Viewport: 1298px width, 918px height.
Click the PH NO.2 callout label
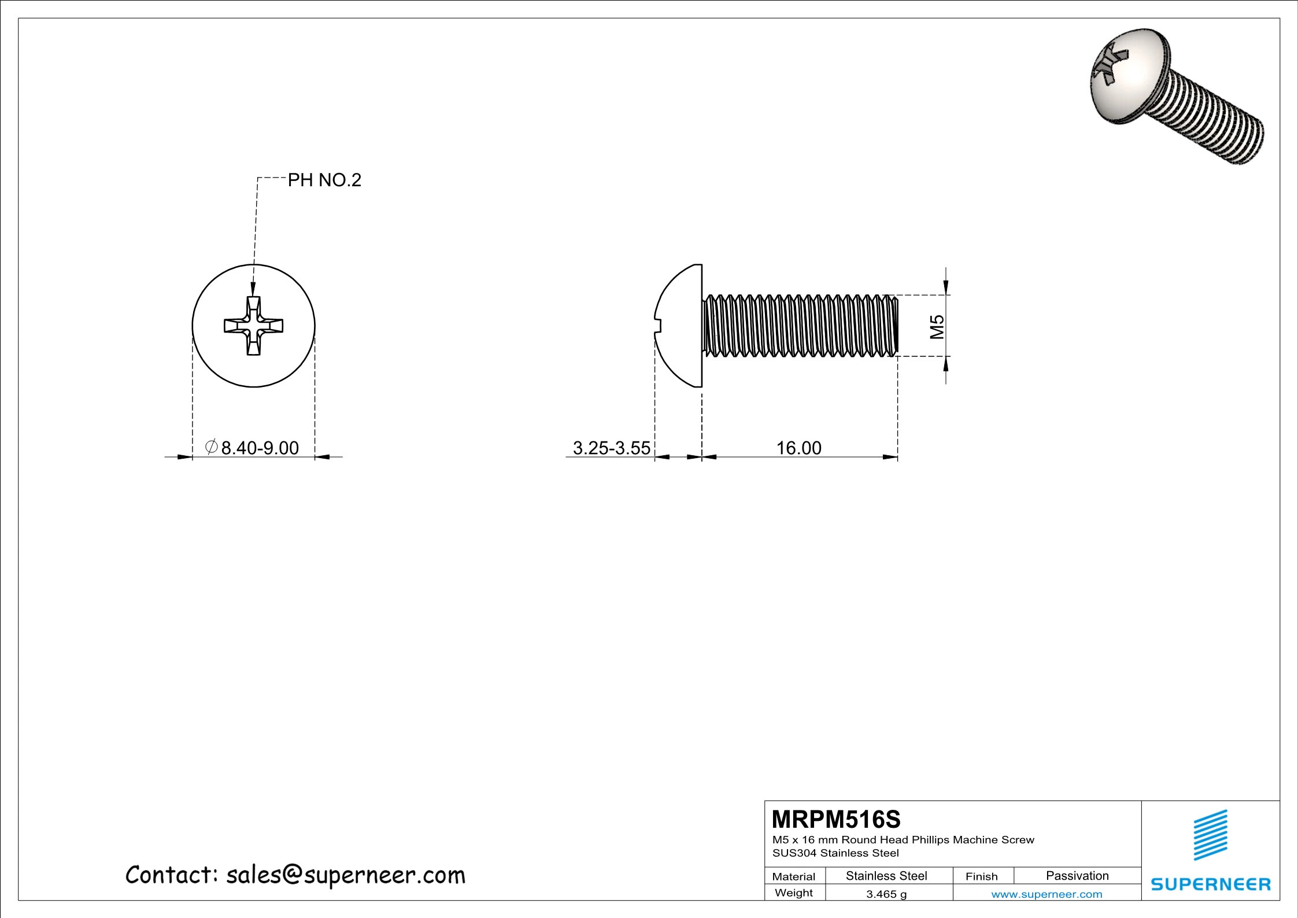[x=324, y=180]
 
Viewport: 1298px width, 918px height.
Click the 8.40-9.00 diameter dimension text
[x=260, y=448]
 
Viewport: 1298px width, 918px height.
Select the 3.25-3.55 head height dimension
[x=611, y=448]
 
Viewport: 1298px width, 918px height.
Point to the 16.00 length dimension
[x=798, y=448]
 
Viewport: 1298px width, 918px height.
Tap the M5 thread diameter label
[x=937, y=326]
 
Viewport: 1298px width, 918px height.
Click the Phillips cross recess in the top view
[x=253, y=326]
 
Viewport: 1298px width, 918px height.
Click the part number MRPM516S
[x=836, y=820]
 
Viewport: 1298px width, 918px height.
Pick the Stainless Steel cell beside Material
[x=886, y=876]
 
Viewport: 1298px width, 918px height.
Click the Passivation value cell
[x=1077, y=876]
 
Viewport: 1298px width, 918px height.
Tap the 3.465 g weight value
[x=886, y=894]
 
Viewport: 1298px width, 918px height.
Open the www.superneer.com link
[x=1046, y=894]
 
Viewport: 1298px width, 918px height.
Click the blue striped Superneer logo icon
[x=1211, y=835]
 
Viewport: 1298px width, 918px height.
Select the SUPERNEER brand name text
[x=1211, y=884]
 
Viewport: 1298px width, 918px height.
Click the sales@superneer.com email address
[x=346, y=876]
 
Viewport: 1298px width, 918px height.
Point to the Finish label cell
[x=981, y=876]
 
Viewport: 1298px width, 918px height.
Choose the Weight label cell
[x=793, y=893]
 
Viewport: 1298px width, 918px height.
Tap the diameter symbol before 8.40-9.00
[x=212, y=447]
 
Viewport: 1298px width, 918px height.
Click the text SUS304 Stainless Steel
[x=835, y=853]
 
